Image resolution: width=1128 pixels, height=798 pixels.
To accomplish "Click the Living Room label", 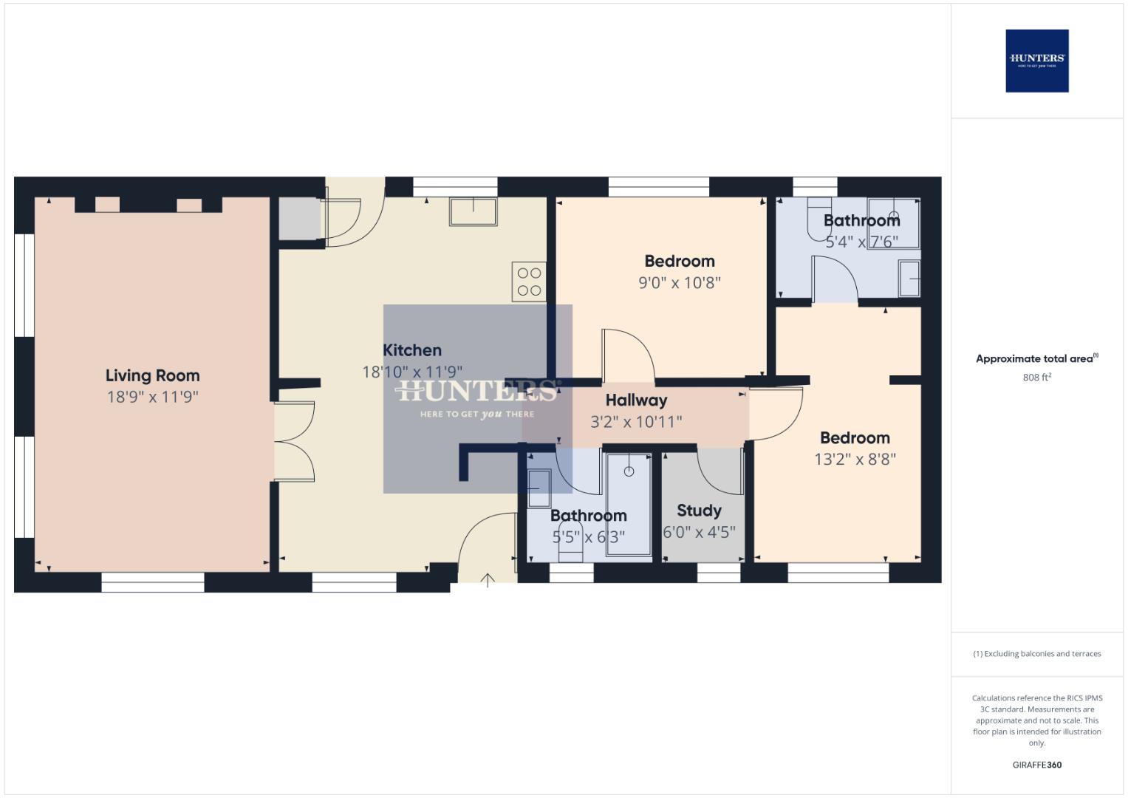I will (x=152, y=375).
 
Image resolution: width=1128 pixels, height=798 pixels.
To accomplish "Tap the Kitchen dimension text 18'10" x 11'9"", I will (x=412, y=372).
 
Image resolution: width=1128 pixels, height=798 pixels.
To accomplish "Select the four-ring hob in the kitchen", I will (x=529, y=282).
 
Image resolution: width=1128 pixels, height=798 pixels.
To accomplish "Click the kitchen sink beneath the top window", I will (x=473, y=212).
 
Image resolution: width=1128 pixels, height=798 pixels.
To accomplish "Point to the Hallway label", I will (x=636, y=400).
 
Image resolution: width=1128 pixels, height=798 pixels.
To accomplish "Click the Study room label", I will (x=699, y=511).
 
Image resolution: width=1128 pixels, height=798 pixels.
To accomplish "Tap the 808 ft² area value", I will (x=1036, y=378).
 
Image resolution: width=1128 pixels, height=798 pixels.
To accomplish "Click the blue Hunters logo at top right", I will (x=1036, y=61).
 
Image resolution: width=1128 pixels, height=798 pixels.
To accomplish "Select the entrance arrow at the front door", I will (x=487, y=581).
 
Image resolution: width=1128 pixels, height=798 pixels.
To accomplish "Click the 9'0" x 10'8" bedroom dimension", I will (x=679, y=282).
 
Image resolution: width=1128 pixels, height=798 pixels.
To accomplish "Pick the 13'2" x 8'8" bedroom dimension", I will (x=855, y=459).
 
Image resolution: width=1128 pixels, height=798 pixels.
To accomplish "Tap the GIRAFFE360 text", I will (x=1036, y=765).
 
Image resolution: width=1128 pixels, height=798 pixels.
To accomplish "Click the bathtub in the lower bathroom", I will (x=629, y=504).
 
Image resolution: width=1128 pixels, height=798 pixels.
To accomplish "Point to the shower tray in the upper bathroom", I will (x=893, y=223).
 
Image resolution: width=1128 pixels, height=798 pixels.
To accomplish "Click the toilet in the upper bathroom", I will (x=818, y=219).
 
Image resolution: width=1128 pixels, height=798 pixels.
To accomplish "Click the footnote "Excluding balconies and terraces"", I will (x=1036, y=654).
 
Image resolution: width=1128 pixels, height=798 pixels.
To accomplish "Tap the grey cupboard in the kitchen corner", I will (x=299, y=219).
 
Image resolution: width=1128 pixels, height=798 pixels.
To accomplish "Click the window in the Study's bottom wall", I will (x=719, y=573).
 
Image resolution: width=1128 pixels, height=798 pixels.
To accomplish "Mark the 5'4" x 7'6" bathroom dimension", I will (x=861, y=242).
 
